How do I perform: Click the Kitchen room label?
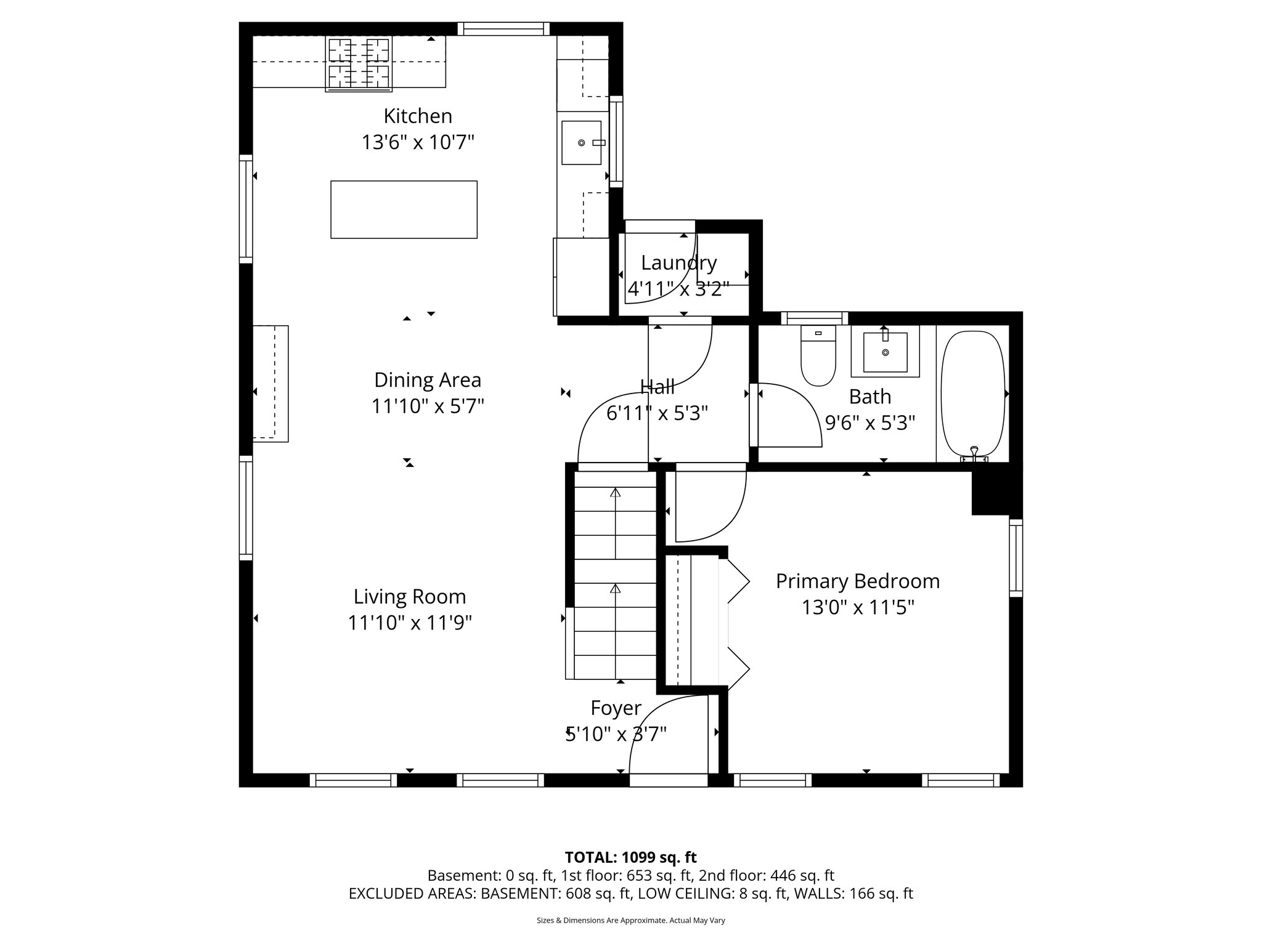point(418,116)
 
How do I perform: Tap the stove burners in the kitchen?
point(359,63)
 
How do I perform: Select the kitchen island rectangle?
point(404,209)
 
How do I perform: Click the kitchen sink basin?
point(580,143)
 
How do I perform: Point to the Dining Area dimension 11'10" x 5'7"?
point(428,406)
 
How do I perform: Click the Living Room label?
point(410,596)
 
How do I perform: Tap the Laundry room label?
point(678,263)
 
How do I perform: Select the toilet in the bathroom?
point(818,357)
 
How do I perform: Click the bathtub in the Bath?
point(973,394)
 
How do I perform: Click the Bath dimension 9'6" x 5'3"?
point(870,423)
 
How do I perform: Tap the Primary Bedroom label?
point(858,581)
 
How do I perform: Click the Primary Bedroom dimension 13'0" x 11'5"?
point(858,608)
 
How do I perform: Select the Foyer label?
point(616,708)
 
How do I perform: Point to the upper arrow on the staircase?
point(615,493)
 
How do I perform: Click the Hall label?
point(657,387)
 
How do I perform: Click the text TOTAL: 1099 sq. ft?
point(630,857)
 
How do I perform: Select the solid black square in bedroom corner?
point(990,493)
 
